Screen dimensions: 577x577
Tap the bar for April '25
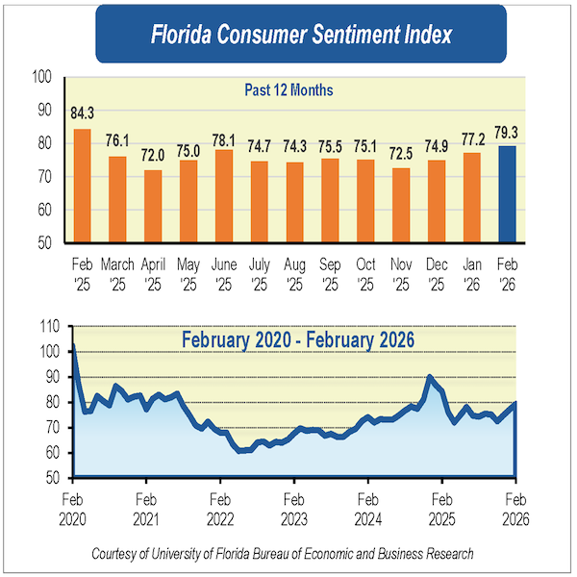pyautogui.click(x=152, y=206)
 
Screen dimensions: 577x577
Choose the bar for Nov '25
pyautogui.click(x=400, y=205)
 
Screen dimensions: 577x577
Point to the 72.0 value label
pyautogui.click(x=152, y=155)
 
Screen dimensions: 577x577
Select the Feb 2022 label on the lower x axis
pyautogui.click(x=219, y=508)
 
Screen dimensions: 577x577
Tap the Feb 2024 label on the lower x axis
pyautogui.click(x=367, y=508)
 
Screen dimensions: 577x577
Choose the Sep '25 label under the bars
pyautogui.click(x=329, y=271)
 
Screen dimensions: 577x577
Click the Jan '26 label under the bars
pyautogui.click(x=470, y=271)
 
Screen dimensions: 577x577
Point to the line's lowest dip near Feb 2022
pyautogui.click(x=239, y=450)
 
